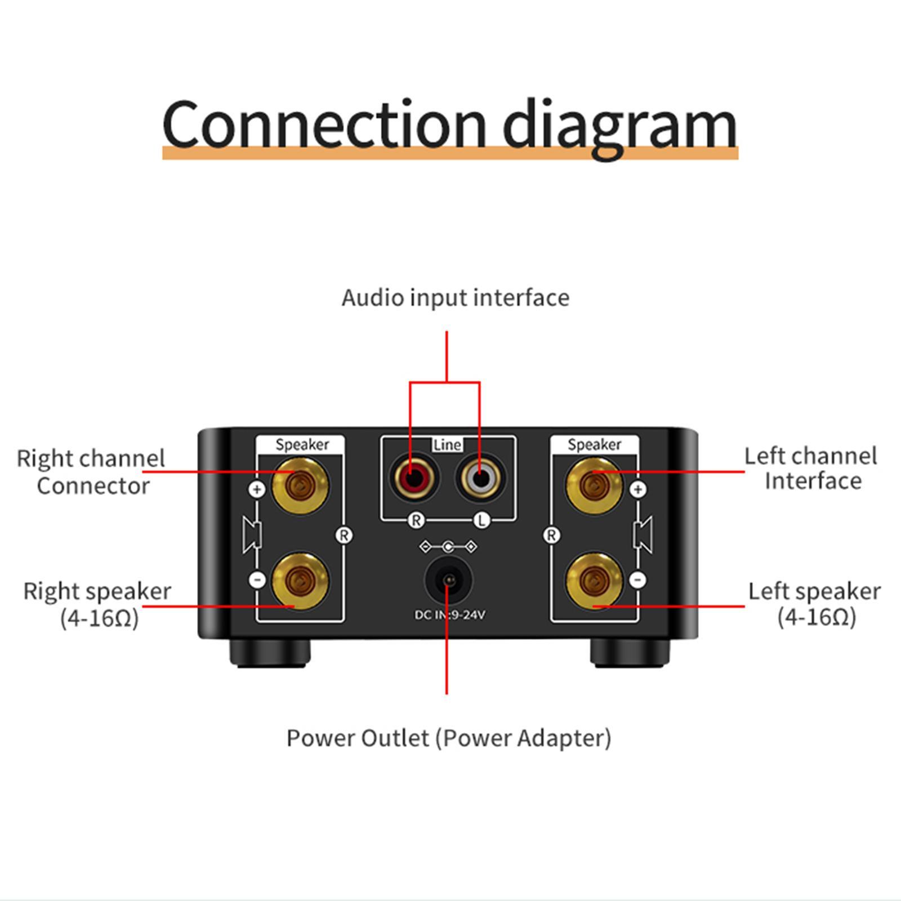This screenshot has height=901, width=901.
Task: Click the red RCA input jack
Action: (415, 479)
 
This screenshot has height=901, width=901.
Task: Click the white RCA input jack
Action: (480, 479)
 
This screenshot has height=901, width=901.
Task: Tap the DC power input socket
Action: (448, 580)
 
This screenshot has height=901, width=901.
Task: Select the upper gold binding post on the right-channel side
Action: (300, 485)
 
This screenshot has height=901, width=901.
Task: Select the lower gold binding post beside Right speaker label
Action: (300, 581)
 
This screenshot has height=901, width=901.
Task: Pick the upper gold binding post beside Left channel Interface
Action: (594, 485)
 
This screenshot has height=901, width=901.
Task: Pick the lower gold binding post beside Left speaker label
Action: (594, 581)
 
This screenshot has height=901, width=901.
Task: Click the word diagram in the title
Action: (619, 125)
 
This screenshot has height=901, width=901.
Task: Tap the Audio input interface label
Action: (455, 298)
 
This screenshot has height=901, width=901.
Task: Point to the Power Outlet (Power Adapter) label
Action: (448, 738)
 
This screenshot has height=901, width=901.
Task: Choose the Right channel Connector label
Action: (91, 472)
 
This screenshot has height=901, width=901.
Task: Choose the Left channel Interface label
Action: (811, 469)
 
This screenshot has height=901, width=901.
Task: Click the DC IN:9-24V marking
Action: (449, 615)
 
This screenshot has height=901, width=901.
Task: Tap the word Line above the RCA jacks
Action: (448, 445)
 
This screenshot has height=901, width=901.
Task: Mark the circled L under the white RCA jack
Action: (481, 520)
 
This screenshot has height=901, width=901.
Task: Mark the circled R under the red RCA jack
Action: (416, 520)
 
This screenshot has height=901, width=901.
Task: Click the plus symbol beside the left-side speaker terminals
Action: (257, 489)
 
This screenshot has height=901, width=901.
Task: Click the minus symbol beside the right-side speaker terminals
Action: (637, 579)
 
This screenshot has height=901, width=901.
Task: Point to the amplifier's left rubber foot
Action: (270, 653)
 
